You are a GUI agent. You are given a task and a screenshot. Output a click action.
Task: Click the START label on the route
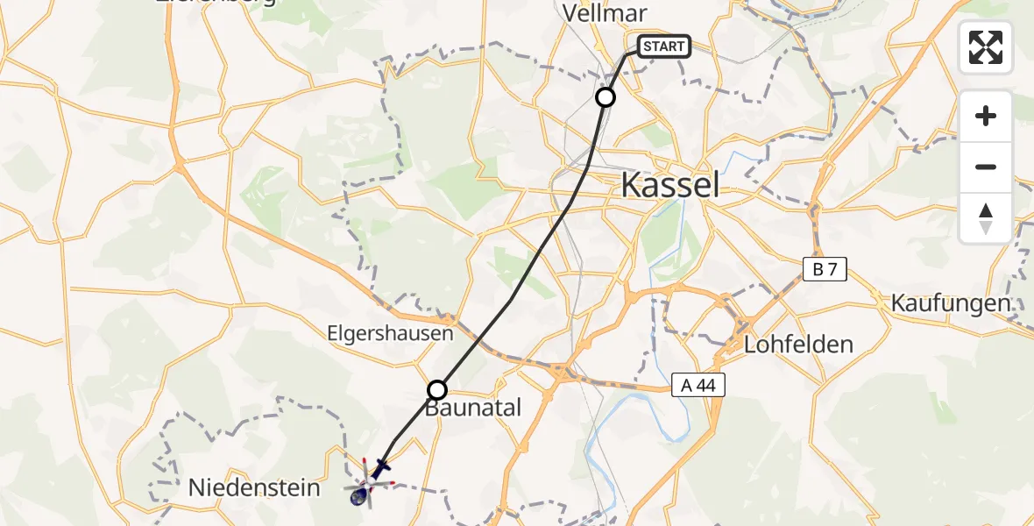click(663, 46)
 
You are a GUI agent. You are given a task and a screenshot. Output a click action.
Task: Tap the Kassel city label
click(670, 185)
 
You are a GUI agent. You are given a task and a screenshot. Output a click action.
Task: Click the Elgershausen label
click(391, 333)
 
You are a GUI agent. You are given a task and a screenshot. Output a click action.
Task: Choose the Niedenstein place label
click(254, 487)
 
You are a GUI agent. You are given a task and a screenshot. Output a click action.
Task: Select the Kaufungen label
click(950, 303)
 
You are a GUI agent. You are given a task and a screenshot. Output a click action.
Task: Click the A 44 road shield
click(699, 385)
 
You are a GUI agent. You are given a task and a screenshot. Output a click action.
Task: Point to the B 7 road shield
click(825, 269)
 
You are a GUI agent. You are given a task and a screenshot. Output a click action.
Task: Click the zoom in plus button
click(986, 116)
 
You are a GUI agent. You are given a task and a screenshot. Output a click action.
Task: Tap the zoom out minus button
click(986, 167)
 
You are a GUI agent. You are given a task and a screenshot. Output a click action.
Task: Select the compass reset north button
click(986, 217)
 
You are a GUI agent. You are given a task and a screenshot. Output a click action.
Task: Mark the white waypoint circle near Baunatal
click(436, 390)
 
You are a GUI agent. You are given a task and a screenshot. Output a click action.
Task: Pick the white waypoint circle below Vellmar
click(606, 97)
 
